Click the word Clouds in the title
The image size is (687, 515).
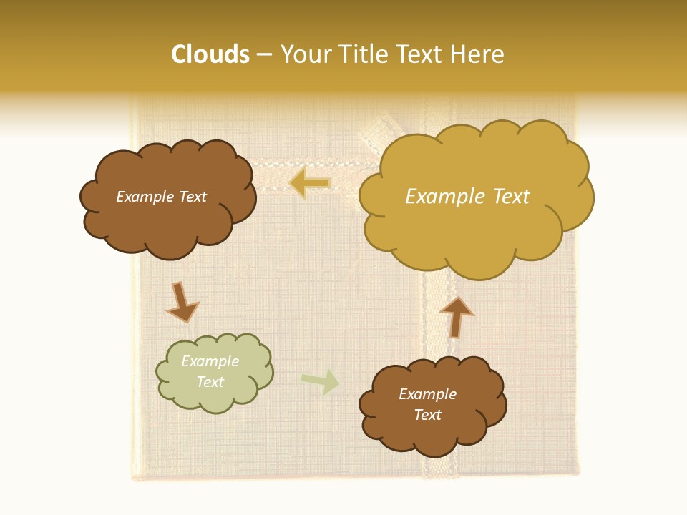pos(210,54)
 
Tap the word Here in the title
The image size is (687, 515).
pos(480,54)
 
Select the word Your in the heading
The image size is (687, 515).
pos(306,54)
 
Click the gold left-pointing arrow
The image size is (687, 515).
pos(309,184)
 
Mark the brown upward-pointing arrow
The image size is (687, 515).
pos(456,316)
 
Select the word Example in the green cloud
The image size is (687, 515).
pos(210,361)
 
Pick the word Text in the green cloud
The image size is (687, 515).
pos(210,382)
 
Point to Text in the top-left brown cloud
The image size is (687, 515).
pos(193,197)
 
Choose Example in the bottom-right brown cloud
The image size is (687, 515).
pos(427,394)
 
